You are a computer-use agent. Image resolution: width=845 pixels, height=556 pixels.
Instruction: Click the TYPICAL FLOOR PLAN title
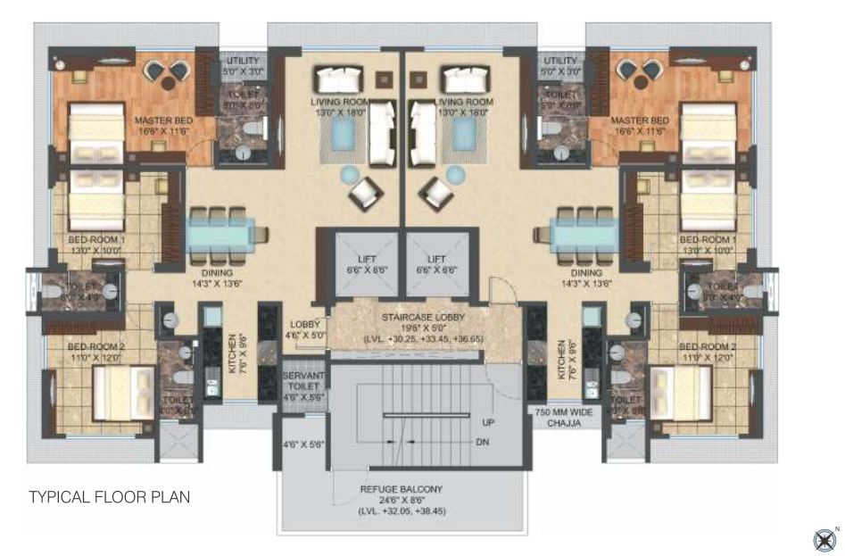[110, 497]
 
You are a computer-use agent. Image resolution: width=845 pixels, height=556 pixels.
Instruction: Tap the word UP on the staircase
[487, 421]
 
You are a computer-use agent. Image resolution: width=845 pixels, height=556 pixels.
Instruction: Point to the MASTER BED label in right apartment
[639, 120]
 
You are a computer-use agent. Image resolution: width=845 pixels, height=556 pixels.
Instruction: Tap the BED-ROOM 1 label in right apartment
[708, 240]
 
